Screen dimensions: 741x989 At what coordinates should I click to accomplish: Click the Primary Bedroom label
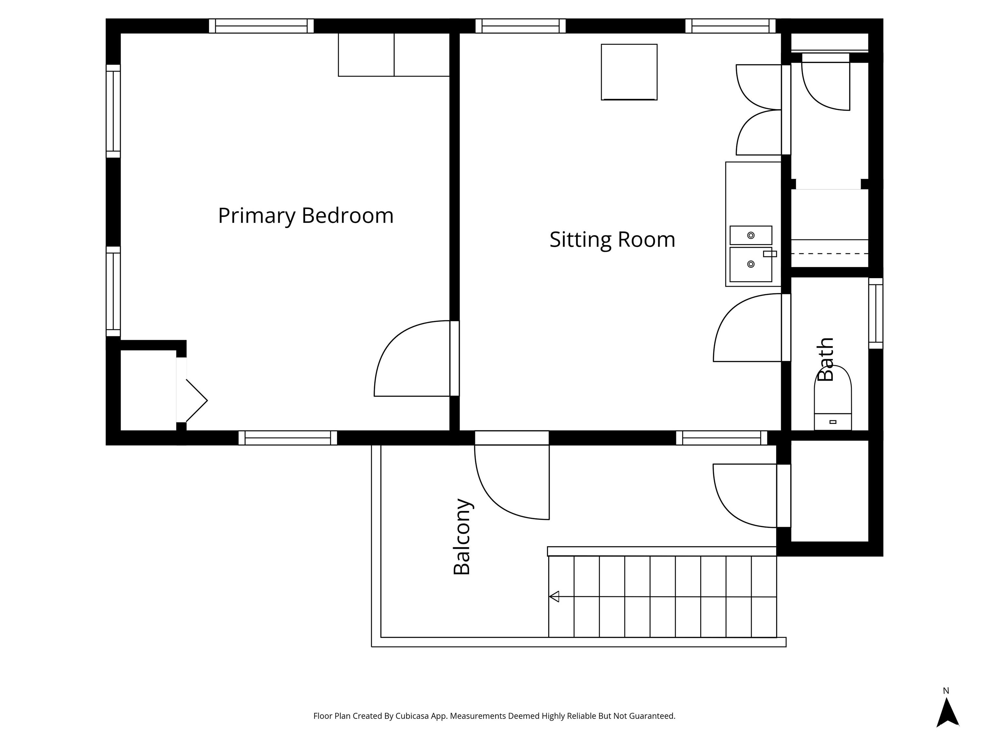pyautogui.click(x=306, y=216)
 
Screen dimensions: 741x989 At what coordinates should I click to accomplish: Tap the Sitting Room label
pyautogui.click(x=612, y=240)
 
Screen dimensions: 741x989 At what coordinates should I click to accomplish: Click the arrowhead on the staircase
pyautogui.click(x=554, y=596)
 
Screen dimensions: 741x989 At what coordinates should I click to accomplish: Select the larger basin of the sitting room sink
pyautogui.click(x=751, y=264)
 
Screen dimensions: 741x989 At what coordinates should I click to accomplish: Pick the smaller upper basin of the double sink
pyautogui.click(x=751, y=235)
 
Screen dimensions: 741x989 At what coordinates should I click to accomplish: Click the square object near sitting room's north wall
pyautogui.click(x=629, y=72)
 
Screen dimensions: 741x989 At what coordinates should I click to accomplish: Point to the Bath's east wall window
pyautogui.click(x=875, y=313)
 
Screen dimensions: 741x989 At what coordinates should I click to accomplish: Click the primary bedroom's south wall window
pyautogui.click(x=287, y=438)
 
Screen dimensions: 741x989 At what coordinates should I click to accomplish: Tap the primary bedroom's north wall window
pyautogui.click(x=261, y=26)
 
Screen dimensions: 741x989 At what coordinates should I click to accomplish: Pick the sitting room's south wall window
pyautogui.click(x=721, y=438)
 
